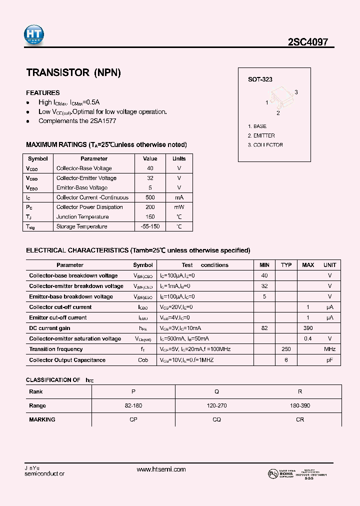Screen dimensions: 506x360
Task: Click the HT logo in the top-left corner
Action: pyautogui.click(x=34, y=34)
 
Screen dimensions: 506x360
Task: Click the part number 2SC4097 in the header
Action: pyautogui.click(x=307, y=42)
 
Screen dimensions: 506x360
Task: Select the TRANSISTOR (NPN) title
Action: pyautogui.click(x=73, y=72)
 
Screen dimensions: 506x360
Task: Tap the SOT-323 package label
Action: pyautogui.click(x=260, y=79)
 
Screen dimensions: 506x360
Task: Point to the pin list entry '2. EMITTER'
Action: pyautogui.click(x=261, y=135)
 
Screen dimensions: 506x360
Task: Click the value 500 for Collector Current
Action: pyautogui.click(x=150, y=197)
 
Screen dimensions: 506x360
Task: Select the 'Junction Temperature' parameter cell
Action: pyautogui.click(x=82, y=217)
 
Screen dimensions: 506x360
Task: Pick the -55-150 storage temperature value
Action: pyautogui.click(x=150, y=226)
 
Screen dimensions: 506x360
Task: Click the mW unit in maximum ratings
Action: pyautogui.click(x=179, y=207)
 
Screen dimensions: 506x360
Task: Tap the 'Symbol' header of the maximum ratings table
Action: pyautogui.click(x=38, y=158)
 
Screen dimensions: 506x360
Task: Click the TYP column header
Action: pyautogui.click(x=286, y=265)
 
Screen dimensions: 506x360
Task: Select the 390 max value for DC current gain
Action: pyautogui.click(x=308, y=328)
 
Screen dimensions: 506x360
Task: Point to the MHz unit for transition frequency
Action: pyautogui.click(x=329, y=349)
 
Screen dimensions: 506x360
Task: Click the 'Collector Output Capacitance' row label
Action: pyautogui.click(x=67, y=360)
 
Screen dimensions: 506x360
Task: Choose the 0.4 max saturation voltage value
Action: pyautogui.click(x=308, y=338)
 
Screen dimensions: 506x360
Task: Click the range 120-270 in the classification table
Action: pyautogui.click(x=216, y=405)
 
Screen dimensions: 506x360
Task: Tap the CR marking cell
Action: pyautogui.click(x=300, y=419)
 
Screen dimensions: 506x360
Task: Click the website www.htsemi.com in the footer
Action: pyautogui.click(x=161, y=469)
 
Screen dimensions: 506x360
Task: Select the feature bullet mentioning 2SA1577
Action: pyautogui.click(x=77, y=121)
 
